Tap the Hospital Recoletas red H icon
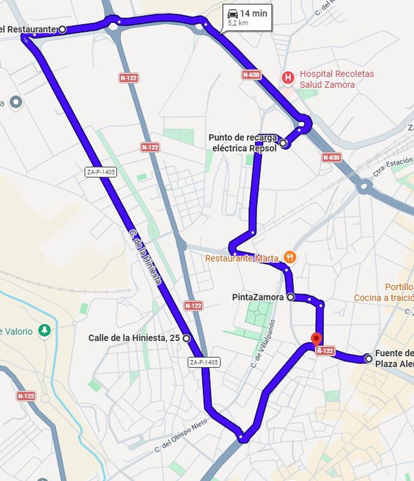tap(288, 77)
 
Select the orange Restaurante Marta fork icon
tap(290, 257)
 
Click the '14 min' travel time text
tap(253, 13)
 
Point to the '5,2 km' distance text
tap(238, 23)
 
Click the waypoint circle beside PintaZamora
tap(291, 297)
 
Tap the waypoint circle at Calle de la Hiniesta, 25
tap(186, 338)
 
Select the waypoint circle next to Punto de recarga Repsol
tap(283, 143)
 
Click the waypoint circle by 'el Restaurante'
tap(62, 29)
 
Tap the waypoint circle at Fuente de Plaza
tap(369, 359)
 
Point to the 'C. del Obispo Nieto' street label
tap(181, 435)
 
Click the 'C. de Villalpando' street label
tap(263, 344)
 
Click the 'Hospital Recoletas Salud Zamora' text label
tap(337, 79)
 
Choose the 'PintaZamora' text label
tap(257, 297)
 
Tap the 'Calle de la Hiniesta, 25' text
tap(134, 338)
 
